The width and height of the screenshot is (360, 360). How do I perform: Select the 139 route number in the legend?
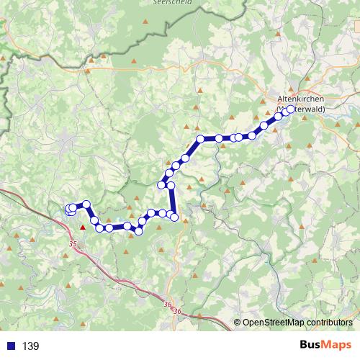pyautogui.click(x=31, y=346)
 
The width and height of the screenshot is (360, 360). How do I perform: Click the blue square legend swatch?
pyautogui.click(x=9, y=346)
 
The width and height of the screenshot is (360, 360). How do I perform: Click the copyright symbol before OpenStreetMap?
pyautogui.click(x=238, y=323)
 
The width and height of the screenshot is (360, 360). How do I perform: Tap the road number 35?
pyautogui.click(x=73, y=245)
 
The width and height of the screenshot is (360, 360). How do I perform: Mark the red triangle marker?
pyautogui.click(x=83, y=228)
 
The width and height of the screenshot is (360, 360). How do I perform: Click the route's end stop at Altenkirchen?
pyautogui.click(x=291, y=109)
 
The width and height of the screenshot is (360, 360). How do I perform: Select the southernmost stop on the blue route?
pyautogui.click(x=139, y=230)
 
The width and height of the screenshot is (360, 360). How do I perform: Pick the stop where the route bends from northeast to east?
pyautogui.click(x=201, y=139)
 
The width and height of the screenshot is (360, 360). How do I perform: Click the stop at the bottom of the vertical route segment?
pyautogui.click(x=174, y=217)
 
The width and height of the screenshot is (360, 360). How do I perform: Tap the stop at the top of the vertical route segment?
pyautogui.click(x=171, y=185)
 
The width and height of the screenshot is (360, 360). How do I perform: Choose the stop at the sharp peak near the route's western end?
pyautogui.click(x=86, y=204)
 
